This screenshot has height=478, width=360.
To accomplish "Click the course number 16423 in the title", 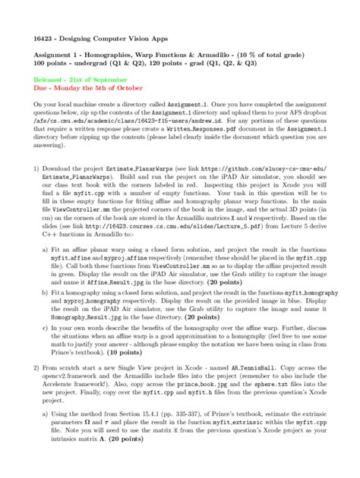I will pos(43,37).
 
